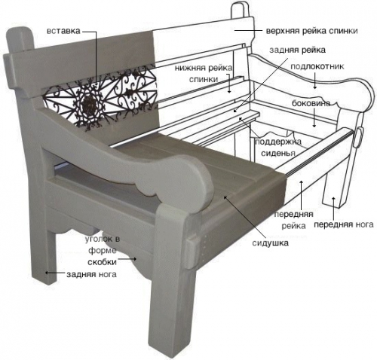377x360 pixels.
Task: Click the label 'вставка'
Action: tap(63, 31)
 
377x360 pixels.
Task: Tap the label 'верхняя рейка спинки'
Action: tap(312, 31)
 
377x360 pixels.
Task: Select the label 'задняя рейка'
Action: tap(298, 50)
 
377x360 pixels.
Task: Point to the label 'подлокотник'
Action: tap(317, 66)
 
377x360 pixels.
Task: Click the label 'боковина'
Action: tap(311, 103)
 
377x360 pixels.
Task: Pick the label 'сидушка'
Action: tap(270, 243)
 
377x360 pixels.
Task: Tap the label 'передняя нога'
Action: tap(344, 224)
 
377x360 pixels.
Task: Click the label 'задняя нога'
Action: tap(91, 274)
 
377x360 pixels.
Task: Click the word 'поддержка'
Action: tap(278, 142)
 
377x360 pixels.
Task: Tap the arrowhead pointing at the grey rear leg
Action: tap(47, 273)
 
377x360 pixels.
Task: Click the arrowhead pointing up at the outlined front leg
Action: tap(333, 200)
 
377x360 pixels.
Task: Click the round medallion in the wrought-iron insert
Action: tap(89, 102)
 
